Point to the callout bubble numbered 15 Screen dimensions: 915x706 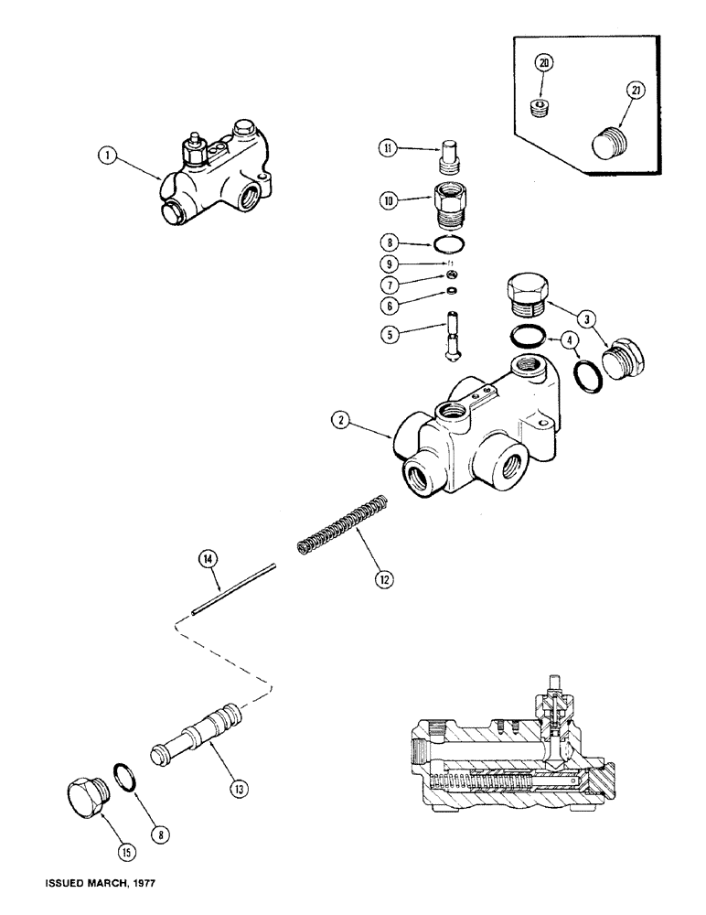point(126,852)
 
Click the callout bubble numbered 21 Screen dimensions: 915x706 point(636,91)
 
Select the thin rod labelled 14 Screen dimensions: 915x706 point(233,589)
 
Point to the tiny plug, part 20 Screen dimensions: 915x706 point(540,111)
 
